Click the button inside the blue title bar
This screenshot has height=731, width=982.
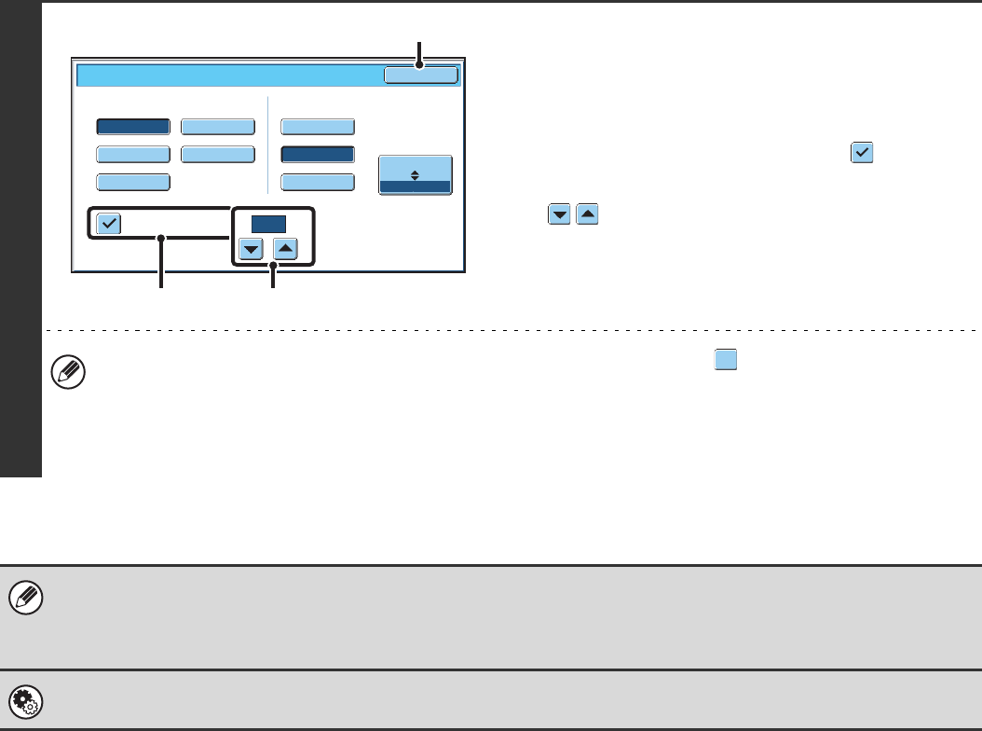[x=421, y=76]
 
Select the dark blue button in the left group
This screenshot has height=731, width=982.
[x=133, y=128]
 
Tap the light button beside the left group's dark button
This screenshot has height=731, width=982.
[x=217, y=128]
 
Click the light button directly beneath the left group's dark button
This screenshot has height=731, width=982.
[x=133, y=155]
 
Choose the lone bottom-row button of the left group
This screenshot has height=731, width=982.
[x=133, y=182]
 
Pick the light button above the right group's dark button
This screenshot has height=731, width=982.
[x=318, y=128]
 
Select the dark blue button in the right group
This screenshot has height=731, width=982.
[x=318, y=155]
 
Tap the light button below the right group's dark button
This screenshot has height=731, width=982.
[x=318, y=182]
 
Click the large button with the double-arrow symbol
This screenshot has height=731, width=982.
[x=416, y=174]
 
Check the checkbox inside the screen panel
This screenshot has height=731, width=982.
[x=109, y=224]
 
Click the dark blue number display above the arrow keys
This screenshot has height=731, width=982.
[x=268, y=224]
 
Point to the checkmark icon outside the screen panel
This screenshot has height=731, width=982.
[x=861, y=155]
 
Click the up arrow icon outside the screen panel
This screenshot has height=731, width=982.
[x=588, y=215]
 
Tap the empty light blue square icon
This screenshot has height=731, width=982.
[x=726, y=360]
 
